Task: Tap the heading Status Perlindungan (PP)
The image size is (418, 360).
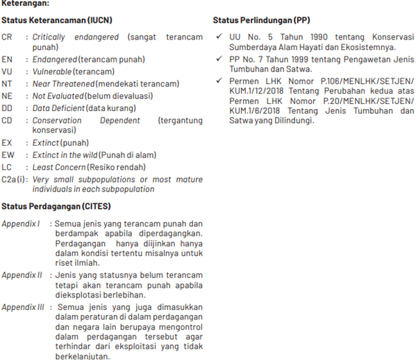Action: pyautogui.click(x=261, y=21)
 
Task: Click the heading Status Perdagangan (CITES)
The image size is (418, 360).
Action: pyautogui.click(x=56, y=207)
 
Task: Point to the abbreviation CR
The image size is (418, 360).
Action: pyautogui.click(x=8, y=37)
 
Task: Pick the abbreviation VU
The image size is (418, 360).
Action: pyautogui.click(x=8, y=71)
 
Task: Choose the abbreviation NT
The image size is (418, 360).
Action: pyautogui.click(x=8, y=84)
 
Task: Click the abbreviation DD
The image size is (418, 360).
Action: pyautogui.click(x=8, y=108)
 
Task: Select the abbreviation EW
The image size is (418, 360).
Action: pyautogui.click(x=8, y=155)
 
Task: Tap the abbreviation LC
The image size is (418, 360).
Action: pyautogui.click(x=8, y=167)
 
